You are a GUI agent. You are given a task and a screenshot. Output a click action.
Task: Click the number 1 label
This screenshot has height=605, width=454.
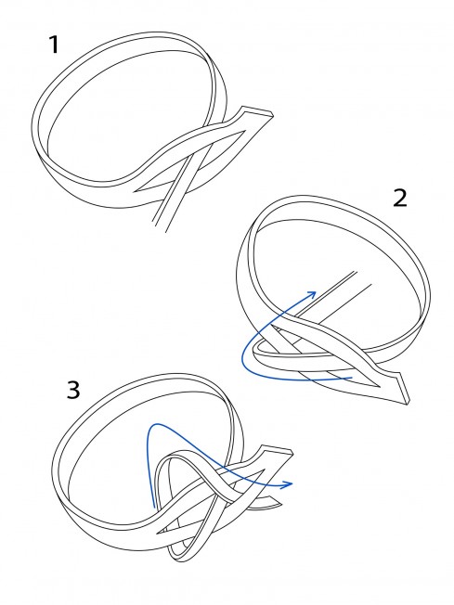pyautogui.click(x=55, y=45)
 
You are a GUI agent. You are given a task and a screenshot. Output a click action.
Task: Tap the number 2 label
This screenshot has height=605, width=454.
pyautogui.click(x=400, y=199)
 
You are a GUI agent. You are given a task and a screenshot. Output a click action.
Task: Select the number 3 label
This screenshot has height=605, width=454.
pyautogui.click(x=73, y=390)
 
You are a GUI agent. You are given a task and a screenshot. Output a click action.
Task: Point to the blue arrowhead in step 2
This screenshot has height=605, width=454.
pyautogui.click(x=311, y=295)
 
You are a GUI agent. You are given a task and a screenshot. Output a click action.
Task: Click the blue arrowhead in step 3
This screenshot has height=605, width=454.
pyautogui.click(x=288, y=484)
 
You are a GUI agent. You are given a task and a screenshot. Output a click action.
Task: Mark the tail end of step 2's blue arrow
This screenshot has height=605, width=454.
pyautogui.click(x=352, y=378)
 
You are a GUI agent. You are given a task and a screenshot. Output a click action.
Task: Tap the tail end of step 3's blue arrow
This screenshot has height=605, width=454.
pyautogui.click(x=154, y=508)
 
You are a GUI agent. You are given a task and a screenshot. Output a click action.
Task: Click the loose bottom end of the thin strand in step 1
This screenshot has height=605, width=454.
pyautogui.click(x=159, y=226)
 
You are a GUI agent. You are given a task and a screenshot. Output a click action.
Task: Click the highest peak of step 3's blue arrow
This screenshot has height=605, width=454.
pyautogui.click(x=156, y=424)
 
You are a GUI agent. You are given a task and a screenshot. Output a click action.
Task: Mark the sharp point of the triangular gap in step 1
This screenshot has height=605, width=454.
pyautogui.click(x=134, y=190)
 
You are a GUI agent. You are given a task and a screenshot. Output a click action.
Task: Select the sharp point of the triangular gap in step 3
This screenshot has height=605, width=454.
pyautogui.click(x=156, y=534)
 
